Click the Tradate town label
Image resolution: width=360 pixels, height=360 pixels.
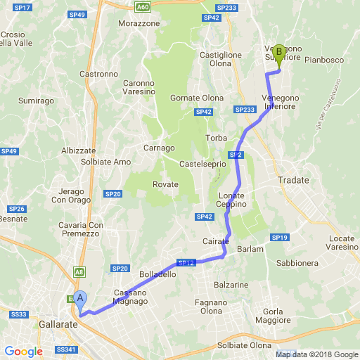point(293,180)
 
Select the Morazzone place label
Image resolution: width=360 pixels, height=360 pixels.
point(139,23)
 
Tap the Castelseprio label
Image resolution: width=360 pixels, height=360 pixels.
point(203,164)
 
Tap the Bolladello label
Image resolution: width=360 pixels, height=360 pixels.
point(157,274)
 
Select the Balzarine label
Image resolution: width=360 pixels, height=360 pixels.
point(232,285)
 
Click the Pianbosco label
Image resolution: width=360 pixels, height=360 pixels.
point(324,60)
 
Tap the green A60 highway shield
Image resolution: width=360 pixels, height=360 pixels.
point(143,6)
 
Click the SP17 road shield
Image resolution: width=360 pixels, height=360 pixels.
point(22,7)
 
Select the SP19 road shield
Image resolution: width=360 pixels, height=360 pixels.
point(280,238)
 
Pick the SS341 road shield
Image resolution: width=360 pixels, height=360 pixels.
point(65,349)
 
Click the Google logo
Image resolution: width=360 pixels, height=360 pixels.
point(23,351)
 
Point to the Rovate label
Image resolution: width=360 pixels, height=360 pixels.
point(166,184)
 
